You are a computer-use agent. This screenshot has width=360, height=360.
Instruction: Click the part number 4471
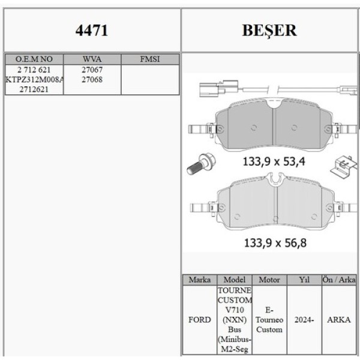tap(92, 31)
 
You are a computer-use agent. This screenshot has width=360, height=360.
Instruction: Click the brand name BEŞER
tap(269, 31)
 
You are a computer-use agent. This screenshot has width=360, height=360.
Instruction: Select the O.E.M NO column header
tap(34, 59)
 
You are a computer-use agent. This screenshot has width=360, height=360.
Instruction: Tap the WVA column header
tap(92, 59)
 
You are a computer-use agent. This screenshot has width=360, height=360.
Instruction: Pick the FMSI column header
tap(149, 59)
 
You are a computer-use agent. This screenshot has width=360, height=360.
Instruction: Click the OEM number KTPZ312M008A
tap(34, 79)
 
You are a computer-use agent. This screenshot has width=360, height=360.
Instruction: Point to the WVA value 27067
tap(92, 70)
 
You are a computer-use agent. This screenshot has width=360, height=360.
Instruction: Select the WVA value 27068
tap(92, 79)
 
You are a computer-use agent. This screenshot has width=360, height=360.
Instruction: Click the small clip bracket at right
tap(341, 166)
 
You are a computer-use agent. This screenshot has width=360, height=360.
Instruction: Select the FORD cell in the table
tap(199, 320)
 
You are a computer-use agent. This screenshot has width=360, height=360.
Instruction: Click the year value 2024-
tap(304, 320)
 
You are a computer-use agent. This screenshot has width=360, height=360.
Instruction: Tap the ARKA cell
tap(339, 320)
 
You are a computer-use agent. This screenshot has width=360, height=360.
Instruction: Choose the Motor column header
tap(269, 280)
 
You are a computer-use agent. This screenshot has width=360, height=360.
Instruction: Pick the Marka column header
tap(199, 280)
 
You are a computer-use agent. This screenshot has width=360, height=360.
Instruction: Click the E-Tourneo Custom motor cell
tap(269, 320)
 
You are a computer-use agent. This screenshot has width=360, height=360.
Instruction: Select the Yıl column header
tap(304, 280)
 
